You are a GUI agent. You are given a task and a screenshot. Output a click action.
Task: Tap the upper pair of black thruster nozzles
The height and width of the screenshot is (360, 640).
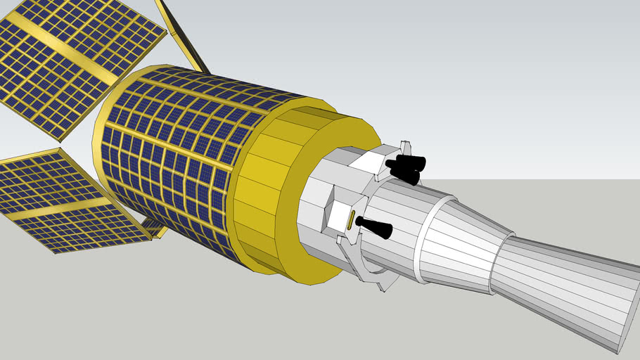coord(405,168)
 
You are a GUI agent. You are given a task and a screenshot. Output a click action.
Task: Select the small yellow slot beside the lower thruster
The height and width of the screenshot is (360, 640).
coord(350,221)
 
